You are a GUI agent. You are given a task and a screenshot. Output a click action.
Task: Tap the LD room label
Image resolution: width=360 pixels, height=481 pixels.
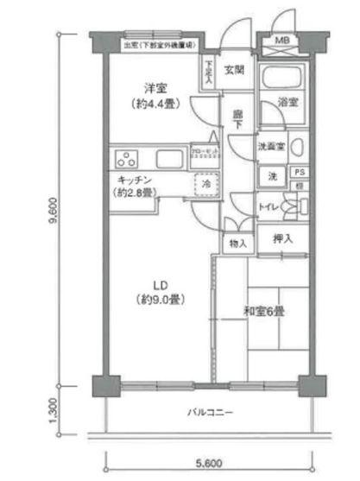(x=159, y=286)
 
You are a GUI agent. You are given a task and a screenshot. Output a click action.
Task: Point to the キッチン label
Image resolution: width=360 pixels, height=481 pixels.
(x=134, y=179)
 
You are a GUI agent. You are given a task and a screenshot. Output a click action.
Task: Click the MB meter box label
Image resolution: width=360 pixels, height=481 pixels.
(x=283, y=41)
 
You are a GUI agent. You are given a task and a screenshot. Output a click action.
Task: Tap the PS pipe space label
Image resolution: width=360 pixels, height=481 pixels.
(x=297, y=172)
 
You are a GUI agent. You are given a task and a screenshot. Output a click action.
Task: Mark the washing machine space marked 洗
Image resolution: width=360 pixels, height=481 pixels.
(x=270, y=176)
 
